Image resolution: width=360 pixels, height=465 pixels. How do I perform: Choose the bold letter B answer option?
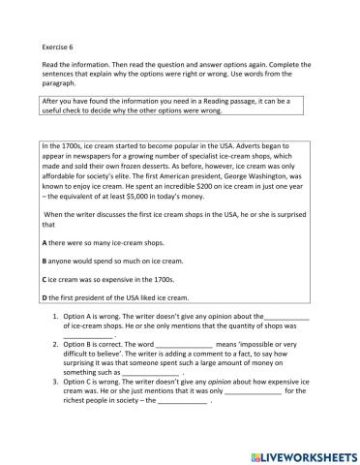click(45, 260)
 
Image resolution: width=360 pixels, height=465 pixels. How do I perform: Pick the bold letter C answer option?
click(45, 278)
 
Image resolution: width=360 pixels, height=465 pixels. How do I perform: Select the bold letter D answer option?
click(45, 297)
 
